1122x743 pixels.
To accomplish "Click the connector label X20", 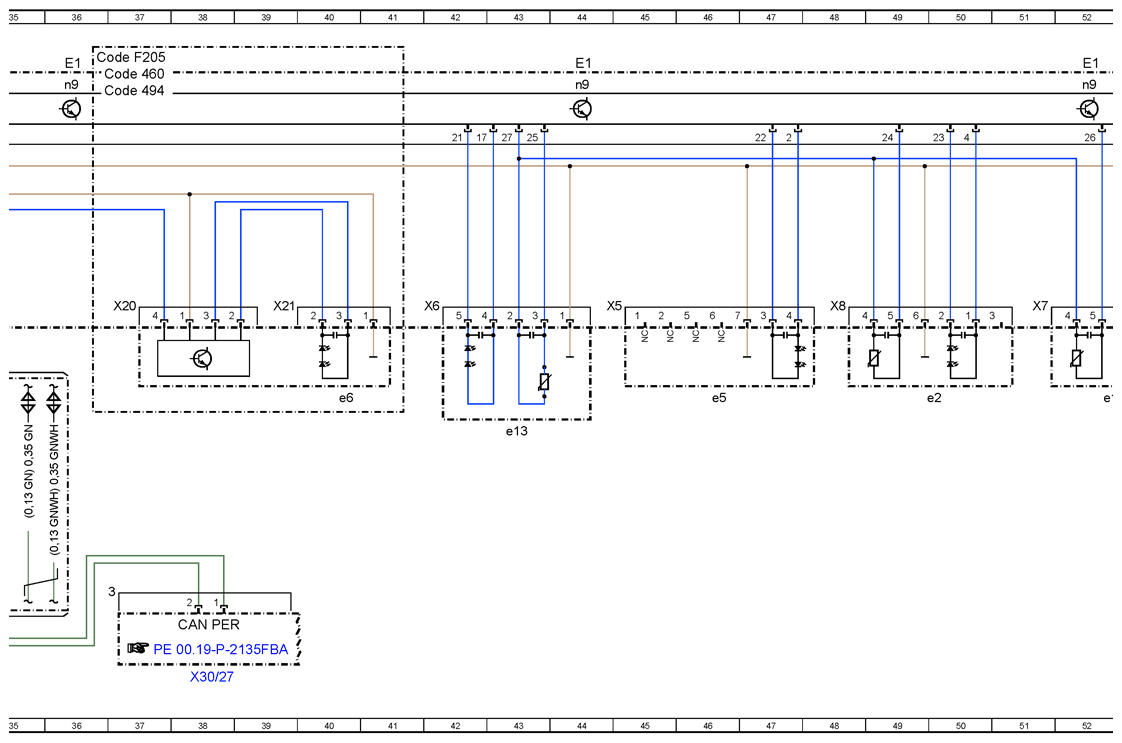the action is pos(125,306).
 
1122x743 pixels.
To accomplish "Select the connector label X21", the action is pos(284,306).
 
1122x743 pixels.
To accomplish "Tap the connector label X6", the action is pos(431,306).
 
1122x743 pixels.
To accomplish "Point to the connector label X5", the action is pos(614,306).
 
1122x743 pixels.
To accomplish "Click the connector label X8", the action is pos(837,306).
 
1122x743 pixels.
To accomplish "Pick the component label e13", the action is pos(516,431).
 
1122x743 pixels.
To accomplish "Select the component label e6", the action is pos(346,397).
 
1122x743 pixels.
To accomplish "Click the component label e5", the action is pos(718,397).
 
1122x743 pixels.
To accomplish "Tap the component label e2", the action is pos(934,397).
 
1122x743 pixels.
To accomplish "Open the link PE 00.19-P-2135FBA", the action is pos(220,649).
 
